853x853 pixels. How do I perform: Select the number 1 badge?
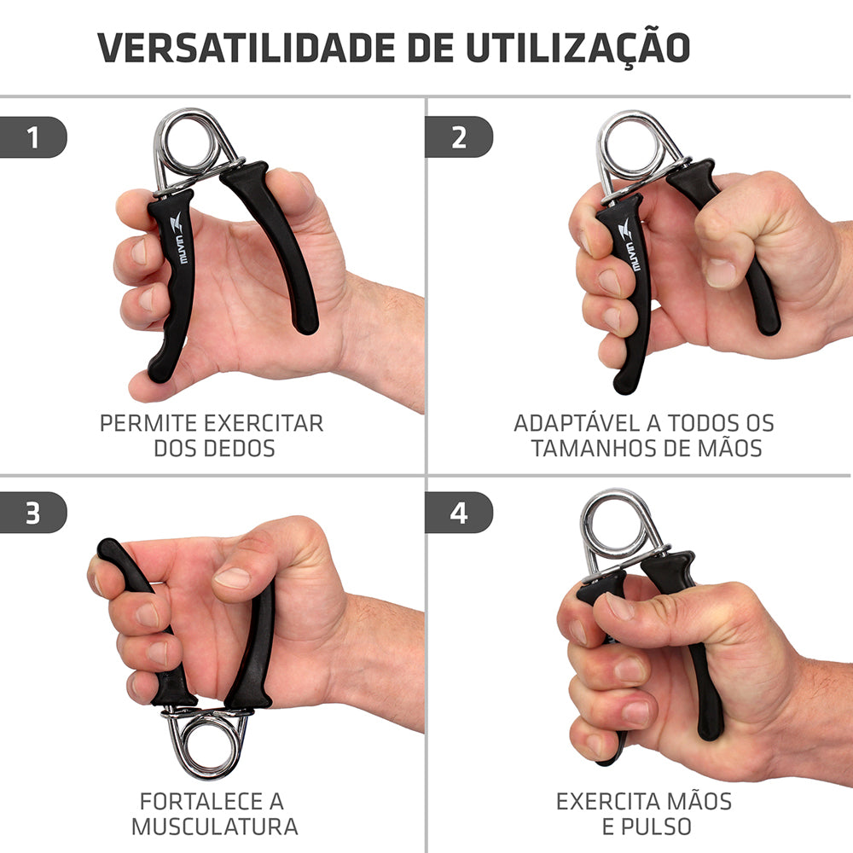click(33, 137)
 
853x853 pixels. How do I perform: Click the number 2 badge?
click(459, 137)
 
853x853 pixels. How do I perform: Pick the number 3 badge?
click(33, 513)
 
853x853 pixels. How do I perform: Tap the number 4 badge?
click(459, 513)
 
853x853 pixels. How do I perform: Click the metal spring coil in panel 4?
click(614, 524)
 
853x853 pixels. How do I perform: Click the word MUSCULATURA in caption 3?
click(214, 827)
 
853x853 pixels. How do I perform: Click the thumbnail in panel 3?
click(233, 577)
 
